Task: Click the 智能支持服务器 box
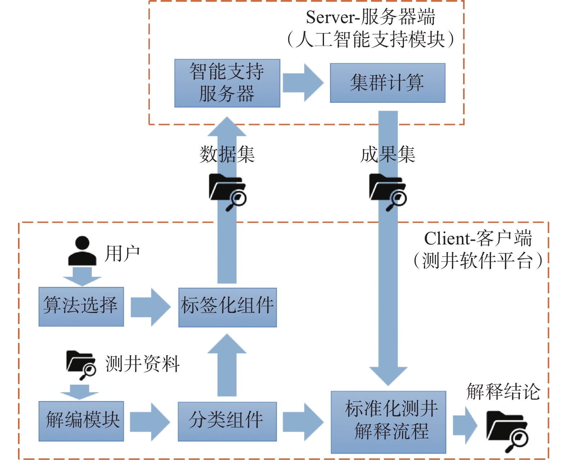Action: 227,83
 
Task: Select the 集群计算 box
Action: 388,83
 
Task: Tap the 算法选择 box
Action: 81,306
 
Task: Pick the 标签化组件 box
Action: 228,307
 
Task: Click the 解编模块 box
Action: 81,421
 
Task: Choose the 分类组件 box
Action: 227,421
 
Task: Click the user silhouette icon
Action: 82,251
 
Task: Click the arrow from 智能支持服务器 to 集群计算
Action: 303,83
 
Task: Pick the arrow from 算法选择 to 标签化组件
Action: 150,307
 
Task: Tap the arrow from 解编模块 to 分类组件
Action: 149,421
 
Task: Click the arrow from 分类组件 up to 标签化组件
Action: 227,364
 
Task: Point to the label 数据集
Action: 227,155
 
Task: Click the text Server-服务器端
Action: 370,17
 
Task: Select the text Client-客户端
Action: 478,239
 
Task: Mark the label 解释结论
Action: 503,392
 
